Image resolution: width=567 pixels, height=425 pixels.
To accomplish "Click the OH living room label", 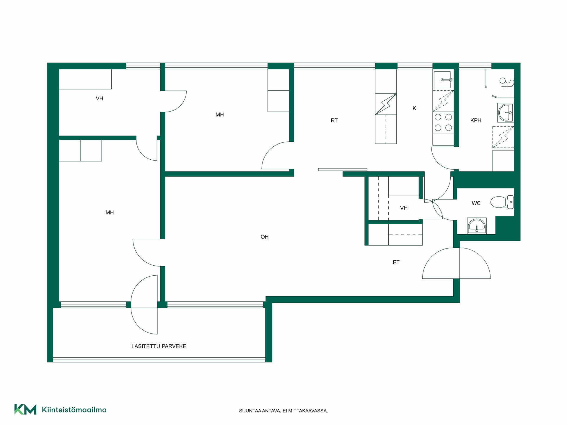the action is tap(265, 237).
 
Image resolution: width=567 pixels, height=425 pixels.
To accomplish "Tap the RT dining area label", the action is tap(334, 120).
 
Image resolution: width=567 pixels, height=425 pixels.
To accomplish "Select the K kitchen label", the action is tap(414, 108).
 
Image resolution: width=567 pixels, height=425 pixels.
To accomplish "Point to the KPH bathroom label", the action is tap(476, 120).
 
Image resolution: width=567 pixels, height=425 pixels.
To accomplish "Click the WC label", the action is tap(476, 203).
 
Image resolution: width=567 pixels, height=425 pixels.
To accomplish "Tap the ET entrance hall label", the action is tap(396, 262).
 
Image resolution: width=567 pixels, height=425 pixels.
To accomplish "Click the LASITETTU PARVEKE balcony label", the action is tap(159, 346).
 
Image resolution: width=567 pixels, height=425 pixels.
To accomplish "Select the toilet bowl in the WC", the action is tap(502, 202).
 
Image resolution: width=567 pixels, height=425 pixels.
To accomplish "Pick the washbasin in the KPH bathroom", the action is tap(506, 112).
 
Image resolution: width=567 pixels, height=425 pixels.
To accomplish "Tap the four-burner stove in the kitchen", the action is tap(443, 122).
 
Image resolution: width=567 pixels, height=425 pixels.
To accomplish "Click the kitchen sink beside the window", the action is tap(442, 80).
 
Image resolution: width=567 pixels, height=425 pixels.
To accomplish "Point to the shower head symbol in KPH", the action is tap(506, 82).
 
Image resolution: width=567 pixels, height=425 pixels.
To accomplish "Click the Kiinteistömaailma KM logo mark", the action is tap(25, 409).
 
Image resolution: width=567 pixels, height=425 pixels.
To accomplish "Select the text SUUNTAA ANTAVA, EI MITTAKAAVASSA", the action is tap(283, 411).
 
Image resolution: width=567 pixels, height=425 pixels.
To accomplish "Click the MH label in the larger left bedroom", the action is tap(110, 212).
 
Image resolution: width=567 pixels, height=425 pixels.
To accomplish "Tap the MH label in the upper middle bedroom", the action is tap(219, 115).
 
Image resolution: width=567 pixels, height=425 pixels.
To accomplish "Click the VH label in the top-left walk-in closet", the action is tap(100, 99).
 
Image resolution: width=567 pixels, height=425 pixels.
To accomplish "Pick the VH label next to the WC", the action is tap(404, 208).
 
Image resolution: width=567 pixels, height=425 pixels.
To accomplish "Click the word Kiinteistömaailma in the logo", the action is tap(74, 410).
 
